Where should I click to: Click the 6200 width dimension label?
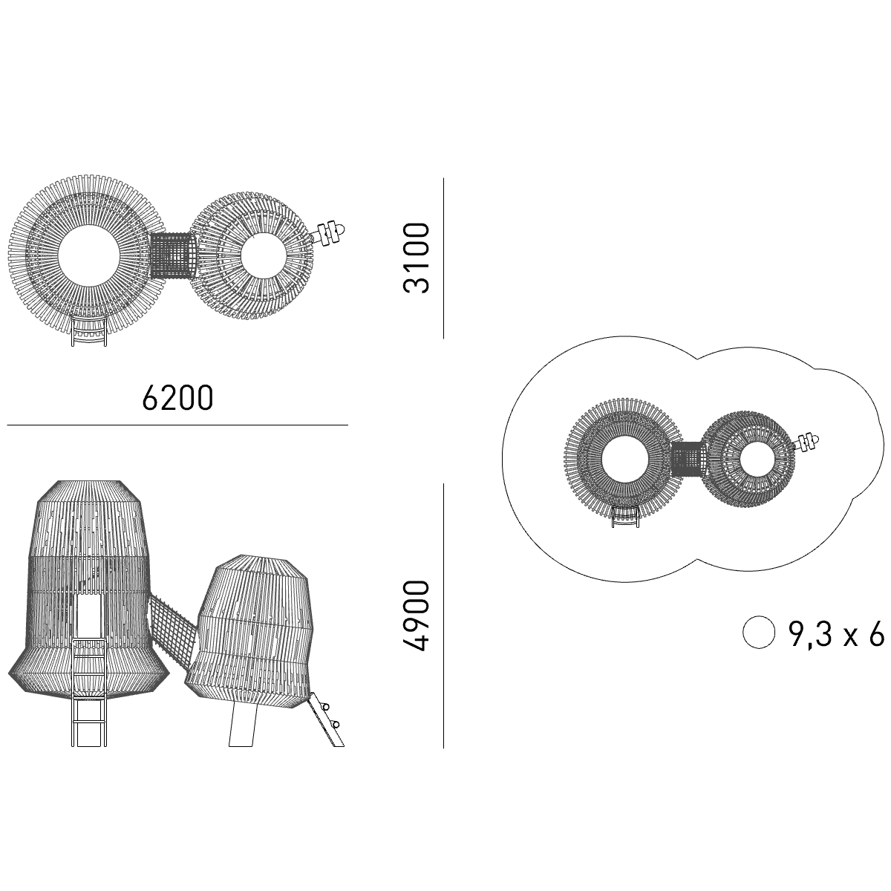pyautogui.click(x=177, y=398)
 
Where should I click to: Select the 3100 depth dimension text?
pyautogui.click(x=416, y=258)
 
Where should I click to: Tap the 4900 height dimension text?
pyautogui.click(x=416, y=616)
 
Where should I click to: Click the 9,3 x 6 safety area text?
pyautogui.click(x=836, y=635)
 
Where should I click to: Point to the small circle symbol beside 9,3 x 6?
pyautogui.click(x=759, y=632)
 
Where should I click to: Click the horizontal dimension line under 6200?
pyautogui.click(x=177, y=425)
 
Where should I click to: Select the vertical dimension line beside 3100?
pyautogui.click(x=443, y=258)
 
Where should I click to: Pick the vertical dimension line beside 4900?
pyautogui.click(x=443, y=616)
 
